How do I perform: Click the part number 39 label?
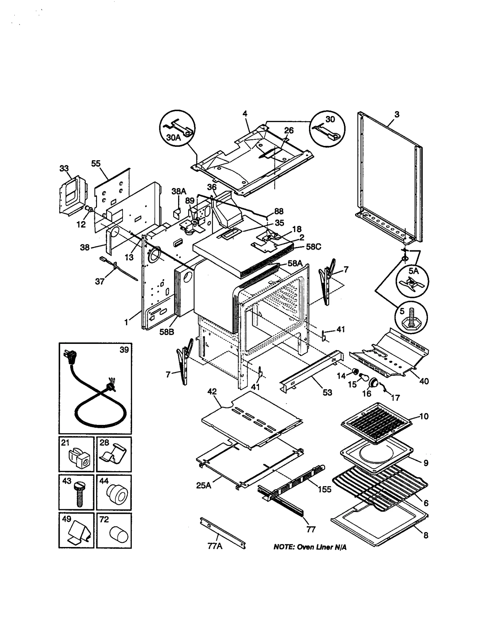(x=124, y=350)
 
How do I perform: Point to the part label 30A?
(x=173, y=138)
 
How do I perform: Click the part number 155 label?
(x=324, y=489)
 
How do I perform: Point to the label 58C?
(x=314, y=246)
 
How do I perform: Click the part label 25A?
(x=204, y=485)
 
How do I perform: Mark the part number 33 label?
(x=64, y=168)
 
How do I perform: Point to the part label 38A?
(x=179, y=191)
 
